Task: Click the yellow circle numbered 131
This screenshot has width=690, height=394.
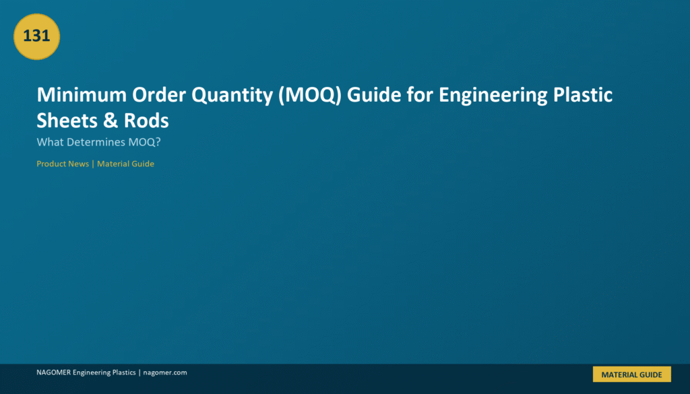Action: click(36, 36)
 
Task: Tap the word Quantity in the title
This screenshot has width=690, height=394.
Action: click(232, 96)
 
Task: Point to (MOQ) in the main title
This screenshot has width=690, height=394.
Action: click(310, 96)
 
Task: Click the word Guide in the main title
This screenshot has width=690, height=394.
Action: click(374, 94)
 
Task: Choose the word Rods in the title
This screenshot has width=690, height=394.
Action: click(146, 121)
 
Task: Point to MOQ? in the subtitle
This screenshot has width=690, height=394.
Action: click(145, 142)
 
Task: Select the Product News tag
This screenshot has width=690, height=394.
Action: click(63, 164)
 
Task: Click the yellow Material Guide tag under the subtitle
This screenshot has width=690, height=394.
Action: click(125, 164)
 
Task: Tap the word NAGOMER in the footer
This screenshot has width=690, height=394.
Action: click(54, 372)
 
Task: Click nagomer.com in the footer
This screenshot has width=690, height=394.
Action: click(165, 372)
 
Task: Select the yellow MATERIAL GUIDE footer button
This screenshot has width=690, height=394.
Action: click(632, 374)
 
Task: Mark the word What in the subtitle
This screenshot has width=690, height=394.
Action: click(50, 142)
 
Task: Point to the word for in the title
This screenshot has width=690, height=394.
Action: click(420, 94)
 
